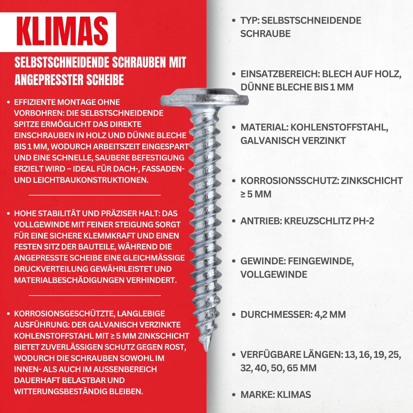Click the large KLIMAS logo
62,32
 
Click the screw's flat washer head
204,98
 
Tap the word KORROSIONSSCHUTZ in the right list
289,181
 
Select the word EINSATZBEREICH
279,74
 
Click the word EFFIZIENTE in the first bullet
34,102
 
